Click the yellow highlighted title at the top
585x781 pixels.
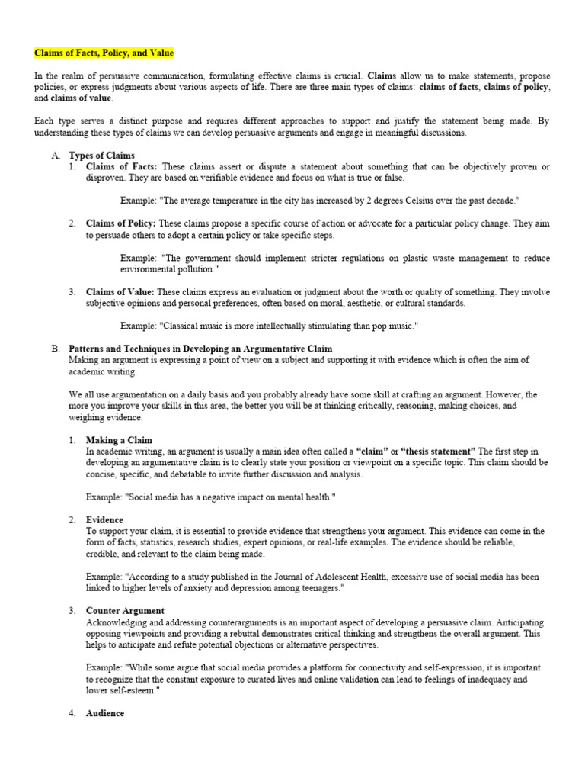coord(104,53)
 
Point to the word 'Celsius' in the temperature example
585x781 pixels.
coord(392,201)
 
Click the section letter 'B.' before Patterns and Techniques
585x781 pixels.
coord(56,349)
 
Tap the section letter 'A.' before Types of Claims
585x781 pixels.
coord(56,155)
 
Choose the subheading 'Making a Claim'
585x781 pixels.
coord(119,440)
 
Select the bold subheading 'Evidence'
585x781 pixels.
coord(104,520)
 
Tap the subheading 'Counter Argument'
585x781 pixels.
coord(125,612)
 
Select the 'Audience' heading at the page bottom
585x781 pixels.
coord(105,714)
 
